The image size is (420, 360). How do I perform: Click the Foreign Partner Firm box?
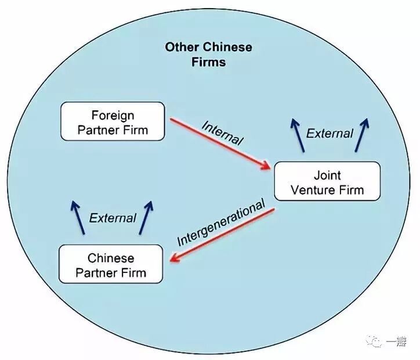click(113, 121)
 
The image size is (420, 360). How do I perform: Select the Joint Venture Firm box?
click(327, 182)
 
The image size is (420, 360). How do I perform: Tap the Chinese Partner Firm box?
click(111, 264)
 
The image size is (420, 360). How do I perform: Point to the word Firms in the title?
click(208, 62)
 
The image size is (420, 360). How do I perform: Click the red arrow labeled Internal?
click(220, 143)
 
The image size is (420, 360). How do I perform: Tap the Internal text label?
click(223, 132)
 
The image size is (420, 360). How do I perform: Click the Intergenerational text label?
click(220, 222)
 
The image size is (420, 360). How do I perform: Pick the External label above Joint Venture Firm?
click(330, 134)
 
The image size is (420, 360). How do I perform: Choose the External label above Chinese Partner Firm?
click(113, 218)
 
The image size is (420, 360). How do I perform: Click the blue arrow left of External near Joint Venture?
click(298, 135)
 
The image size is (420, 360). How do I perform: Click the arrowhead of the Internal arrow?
click(267, 167)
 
